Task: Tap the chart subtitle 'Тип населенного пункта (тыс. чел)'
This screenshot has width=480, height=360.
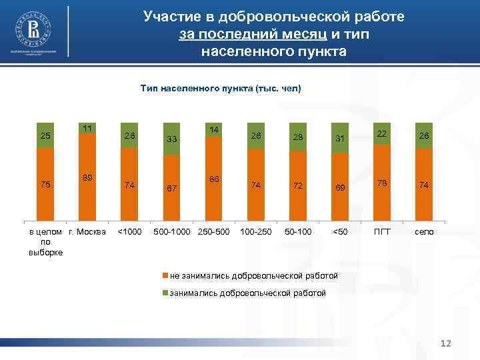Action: coord(221,87)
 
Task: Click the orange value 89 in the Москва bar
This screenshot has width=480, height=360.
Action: coord(87,177)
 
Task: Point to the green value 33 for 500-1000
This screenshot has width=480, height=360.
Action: coord(171,139)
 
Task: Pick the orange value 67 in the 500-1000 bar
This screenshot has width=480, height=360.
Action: coord(171,189)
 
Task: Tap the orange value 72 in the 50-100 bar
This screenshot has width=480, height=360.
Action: coord(298,186)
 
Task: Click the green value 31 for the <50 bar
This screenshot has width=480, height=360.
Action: coord(340,138)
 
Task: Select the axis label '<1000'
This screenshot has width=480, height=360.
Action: coord(129,231)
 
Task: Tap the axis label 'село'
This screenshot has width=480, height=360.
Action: coord(424,231)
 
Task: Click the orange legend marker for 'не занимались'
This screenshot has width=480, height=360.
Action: coord(165,275)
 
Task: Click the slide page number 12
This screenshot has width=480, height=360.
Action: coord(446,343)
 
